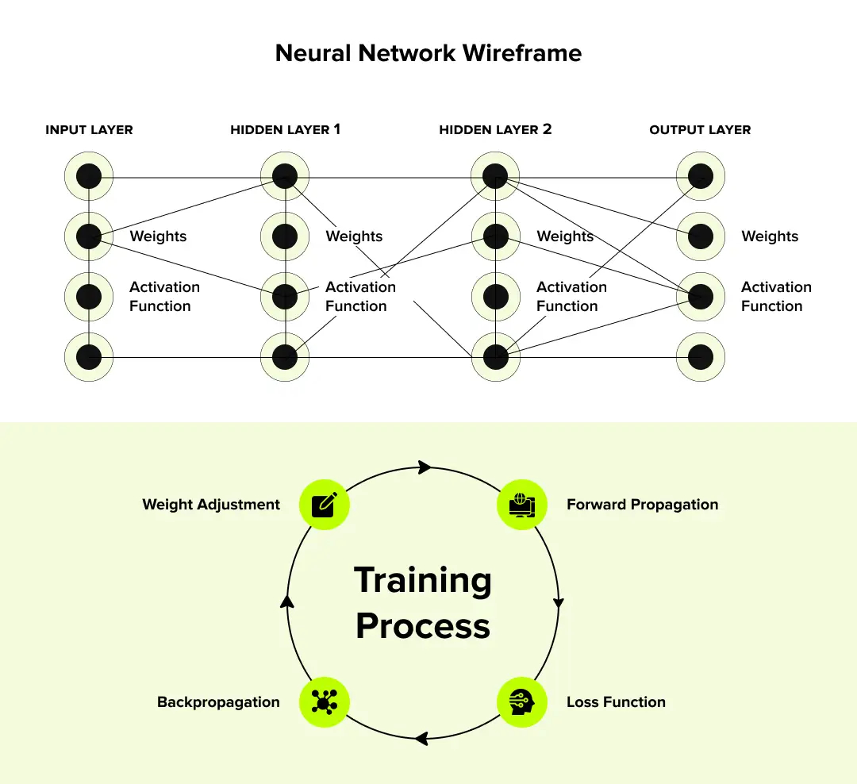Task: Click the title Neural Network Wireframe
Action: (x=428, y=53)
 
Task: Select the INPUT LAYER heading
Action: (x=89, y=129)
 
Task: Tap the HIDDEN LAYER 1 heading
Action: (x=285, y=129)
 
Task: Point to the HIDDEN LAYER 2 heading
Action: (x=495, y=129)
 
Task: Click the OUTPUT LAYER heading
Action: (x=700, y=129)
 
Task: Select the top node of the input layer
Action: (x=89, y=176)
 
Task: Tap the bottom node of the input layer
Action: (x=89, y=357)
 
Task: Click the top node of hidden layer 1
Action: (x=285, y=176)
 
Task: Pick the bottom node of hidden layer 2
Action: (x=495, y=357)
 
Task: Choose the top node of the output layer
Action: (x=701, y=176)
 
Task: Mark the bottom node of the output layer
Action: (x=701, y=357)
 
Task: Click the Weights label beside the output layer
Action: (x=770, y=236)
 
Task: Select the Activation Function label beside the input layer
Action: (x=164, y=297)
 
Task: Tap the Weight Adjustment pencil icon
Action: (x=324, y=505)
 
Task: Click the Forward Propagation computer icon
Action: (x=522, y=505)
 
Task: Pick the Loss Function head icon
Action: (x=522, y=702)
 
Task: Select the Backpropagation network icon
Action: (x=324, y=702)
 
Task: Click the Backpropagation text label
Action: (x=218, y=702)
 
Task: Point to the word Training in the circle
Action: (x=422, y=580)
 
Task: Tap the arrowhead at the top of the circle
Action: (x=425, y=467)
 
